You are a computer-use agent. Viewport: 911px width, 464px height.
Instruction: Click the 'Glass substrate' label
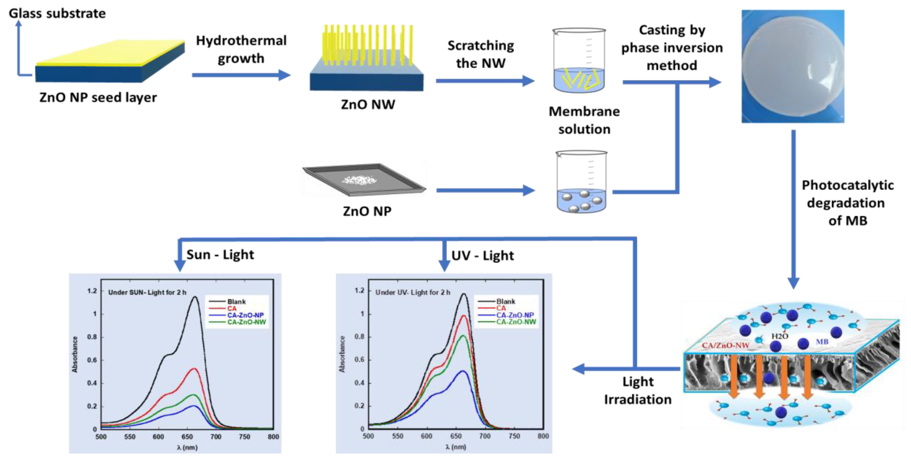pyautogui.click(x=57, y=13)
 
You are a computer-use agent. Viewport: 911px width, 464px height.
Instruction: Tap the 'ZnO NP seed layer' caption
pyautogui.click(x=98, y=98)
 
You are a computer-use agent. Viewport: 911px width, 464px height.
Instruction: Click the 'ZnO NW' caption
pyautogui.click(x=368, y=105)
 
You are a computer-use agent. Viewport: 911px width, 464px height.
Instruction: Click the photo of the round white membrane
pyautogui.click(x=792, y=66)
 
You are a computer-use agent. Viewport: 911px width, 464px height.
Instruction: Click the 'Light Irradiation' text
pyautogui.click(x=638, y=391)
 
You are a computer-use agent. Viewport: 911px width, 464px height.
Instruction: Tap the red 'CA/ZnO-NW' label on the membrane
pyautogui.click(x=725, y=345)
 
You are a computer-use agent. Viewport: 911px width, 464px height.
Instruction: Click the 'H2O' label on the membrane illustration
pyautogui.click(x=780, y=336)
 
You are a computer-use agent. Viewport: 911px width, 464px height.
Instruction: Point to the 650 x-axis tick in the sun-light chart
pyautogui.click(x=187, y=437)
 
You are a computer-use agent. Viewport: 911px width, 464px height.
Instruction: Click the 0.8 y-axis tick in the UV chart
pyautogui.click(x=359, y=337)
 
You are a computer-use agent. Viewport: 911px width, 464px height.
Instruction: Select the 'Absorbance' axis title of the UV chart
pyautogui.click(x=342, y=354)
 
